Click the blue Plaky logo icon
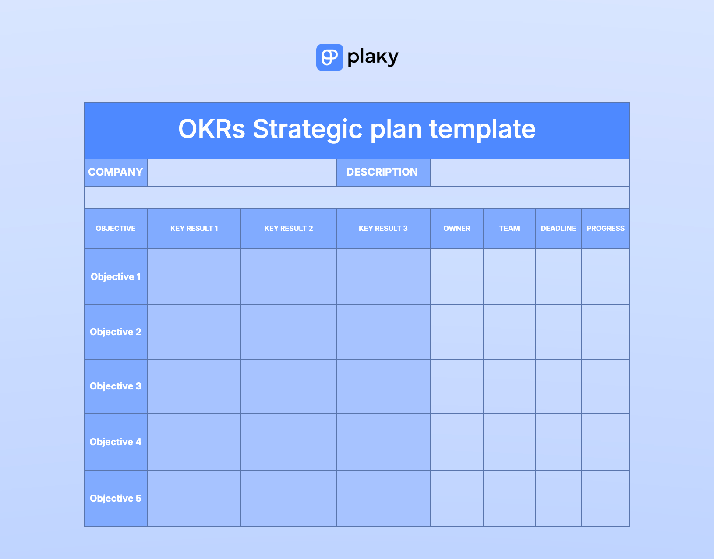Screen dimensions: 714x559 point(329,57)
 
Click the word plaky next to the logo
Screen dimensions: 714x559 point(373,57)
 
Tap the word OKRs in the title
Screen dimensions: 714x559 point(212,129)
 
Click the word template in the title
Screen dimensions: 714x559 point(482,130)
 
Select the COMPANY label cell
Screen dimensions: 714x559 point(116,173)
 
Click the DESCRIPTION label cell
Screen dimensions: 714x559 point(383,173)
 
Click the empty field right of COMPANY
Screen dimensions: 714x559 point(242,173)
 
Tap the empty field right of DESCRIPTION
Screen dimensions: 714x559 point(530,173)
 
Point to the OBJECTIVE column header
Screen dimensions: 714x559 point(116,228)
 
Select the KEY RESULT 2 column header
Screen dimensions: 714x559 point(289,228)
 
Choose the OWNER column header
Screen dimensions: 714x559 point(457,228)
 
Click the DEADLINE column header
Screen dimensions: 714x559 point(558,228)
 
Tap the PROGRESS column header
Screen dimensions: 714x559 point(605,228)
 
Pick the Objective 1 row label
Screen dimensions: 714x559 point(116,277)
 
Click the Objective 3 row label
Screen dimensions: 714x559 point(116,386)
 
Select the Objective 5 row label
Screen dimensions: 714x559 point(116,498)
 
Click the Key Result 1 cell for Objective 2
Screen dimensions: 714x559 point(194,332)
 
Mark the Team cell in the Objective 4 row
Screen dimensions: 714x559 point(509,442)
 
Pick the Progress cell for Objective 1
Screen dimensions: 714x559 point(605,277)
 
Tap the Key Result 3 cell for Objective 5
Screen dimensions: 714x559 point(383,498)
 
